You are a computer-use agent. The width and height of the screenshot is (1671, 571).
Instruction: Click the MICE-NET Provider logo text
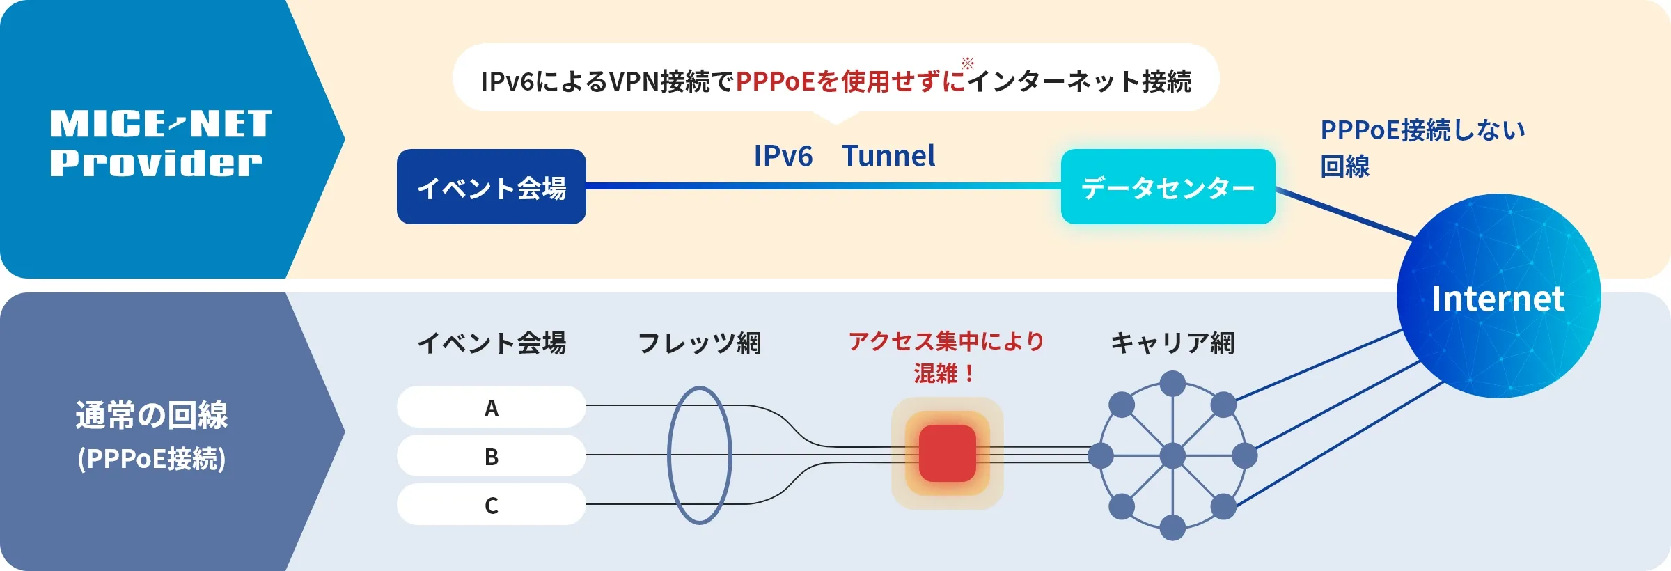coord(160,143)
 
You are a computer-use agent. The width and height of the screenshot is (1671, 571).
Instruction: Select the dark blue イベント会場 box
coord(492,187)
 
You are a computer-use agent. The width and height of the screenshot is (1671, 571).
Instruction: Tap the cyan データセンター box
coord(1168,187)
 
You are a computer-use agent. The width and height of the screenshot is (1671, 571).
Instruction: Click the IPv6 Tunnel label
coord(844,156)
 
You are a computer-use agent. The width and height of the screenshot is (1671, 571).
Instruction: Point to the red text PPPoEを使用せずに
coord(850,81)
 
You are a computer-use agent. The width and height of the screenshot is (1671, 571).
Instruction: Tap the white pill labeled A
coord(492,407)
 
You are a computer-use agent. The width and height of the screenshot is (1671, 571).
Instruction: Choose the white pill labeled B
coord(492,456)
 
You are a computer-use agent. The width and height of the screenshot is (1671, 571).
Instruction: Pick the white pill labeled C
coord(492,504)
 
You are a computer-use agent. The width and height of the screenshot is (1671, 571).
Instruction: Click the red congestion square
coord(947,453)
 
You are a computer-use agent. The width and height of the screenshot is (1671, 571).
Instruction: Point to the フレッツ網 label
coord(699,343)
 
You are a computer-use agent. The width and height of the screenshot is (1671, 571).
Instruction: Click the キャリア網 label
coord(1172,343)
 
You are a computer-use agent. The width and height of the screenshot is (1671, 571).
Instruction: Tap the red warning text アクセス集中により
coord(946,341)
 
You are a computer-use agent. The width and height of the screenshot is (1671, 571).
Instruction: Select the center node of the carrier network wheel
coord(1172,456)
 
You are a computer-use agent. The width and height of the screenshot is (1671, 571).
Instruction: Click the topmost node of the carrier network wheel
coord(1172,384)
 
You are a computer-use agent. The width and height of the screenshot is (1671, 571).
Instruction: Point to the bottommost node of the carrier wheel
coord(1172,528)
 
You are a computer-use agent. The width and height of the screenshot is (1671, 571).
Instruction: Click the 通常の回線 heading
coord(152,415)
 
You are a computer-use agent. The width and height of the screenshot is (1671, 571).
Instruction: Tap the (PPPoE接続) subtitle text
coord(152,459)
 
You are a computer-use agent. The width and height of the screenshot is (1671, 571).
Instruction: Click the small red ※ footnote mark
coord(968,63)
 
